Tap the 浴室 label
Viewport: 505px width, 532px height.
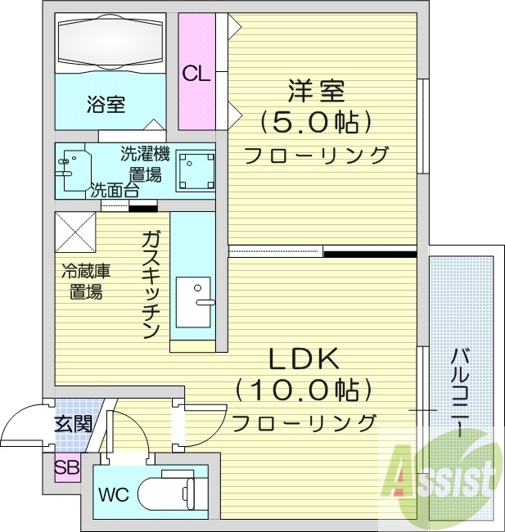coord(106,104)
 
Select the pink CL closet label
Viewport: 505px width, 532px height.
coord(196,74)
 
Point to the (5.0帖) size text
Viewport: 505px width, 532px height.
coord(316,122)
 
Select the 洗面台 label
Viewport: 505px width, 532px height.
coord(114,190)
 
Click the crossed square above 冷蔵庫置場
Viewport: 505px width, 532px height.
coord(76,232)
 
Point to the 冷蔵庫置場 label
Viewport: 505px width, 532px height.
coord(85,282)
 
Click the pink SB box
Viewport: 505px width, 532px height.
coord(67,468)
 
